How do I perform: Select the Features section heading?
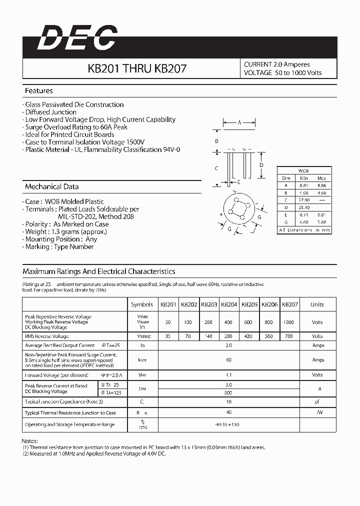(39, 91)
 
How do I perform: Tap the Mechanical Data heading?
(52, 186)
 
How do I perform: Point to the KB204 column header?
(229, 304)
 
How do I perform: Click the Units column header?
(317, 304)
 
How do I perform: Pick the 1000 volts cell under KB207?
(288, 322)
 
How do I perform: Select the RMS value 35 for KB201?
(167, 336)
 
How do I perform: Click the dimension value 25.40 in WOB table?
(303, 206)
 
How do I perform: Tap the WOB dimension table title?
(303, 170)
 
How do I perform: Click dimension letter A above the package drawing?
(239, 122)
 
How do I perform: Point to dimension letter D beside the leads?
(261, 165)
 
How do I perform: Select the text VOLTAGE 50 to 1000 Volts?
(282, 73)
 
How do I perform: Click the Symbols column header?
(142, 304)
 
